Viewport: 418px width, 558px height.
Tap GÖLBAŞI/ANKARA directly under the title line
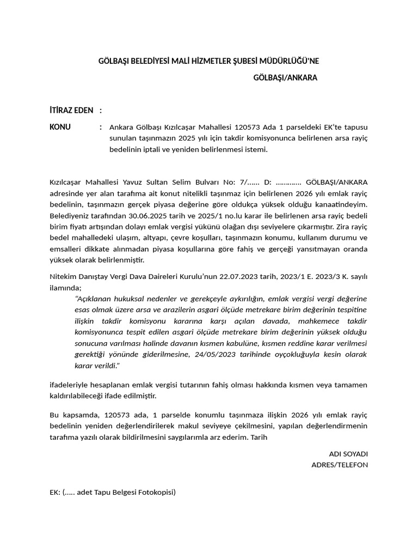coord(285,78)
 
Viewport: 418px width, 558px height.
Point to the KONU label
coord(60,127)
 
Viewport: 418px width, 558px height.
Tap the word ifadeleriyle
coord(69,385)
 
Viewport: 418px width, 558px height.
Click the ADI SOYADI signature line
coord(348,453)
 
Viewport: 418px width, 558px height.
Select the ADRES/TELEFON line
coord(339,465)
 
